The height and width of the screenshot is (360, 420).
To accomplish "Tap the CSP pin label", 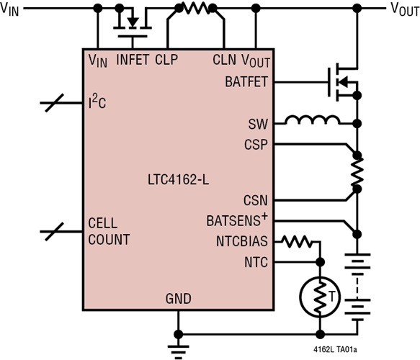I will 256,145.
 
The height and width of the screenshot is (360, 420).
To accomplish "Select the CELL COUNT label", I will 109,232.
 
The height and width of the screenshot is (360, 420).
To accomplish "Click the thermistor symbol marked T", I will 318,295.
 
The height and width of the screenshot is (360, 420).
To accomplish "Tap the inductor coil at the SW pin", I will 311,120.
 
